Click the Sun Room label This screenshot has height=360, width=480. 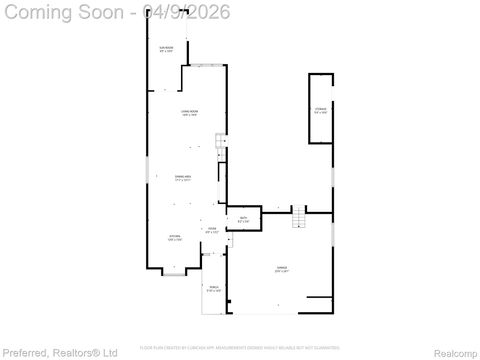tap(166, 50)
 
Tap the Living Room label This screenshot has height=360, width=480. tap(188, 114)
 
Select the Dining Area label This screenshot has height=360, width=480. tap(183, 179)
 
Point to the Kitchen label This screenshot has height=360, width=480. tap(174, 239)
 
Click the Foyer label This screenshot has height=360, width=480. tap(211, 230)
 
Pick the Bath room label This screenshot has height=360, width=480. tap(243, 219)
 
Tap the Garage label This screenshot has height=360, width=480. tap(283, 270)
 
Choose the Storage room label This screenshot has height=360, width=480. tap(320, 110)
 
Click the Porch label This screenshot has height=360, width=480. tap(213, 290)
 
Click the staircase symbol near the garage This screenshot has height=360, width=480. tap(297, 217)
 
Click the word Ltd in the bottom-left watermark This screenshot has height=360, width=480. tap(110, 352)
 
